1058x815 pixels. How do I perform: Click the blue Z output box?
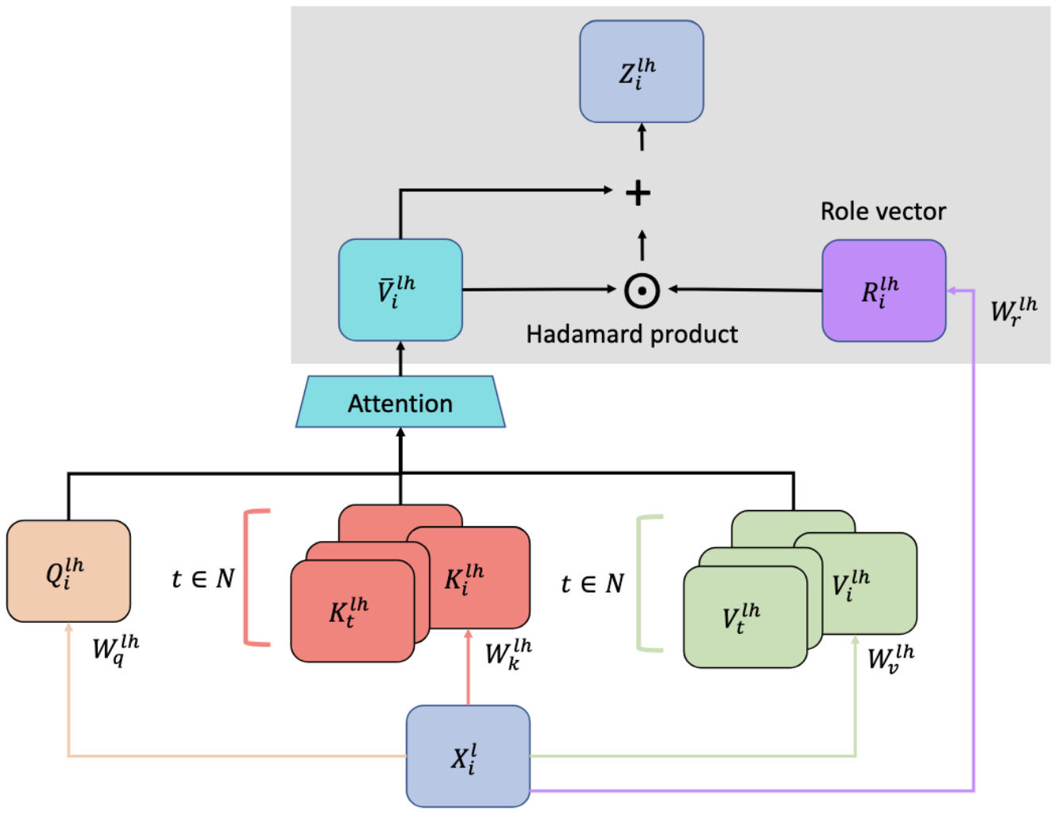coord(641,71)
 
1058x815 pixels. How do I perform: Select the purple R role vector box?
coord(883,291)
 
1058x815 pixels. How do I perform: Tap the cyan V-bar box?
coord(400,290)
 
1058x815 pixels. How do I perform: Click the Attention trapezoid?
coord(400,403)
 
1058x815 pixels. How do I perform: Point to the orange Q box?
coord(68,570)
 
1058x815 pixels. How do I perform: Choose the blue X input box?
coord(468,755)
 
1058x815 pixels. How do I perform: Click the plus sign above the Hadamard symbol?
coord(638,193)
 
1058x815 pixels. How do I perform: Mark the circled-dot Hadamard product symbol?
coord(642,291)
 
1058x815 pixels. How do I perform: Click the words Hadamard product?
coord(631,334)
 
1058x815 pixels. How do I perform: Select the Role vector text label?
coord(882,211)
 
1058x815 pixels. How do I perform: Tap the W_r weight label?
coord(1014,311)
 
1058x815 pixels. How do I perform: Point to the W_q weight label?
coord(115,649)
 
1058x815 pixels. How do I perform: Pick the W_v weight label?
coord(890,658)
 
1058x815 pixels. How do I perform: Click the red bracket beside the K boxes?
coord(254,577)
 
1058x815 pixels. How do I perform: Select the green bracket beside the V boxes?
coord(647,584)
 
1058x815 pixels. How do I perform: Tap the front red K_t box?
coord(352,611)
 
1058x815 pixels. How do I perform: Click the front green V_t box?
coord(744,617)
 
